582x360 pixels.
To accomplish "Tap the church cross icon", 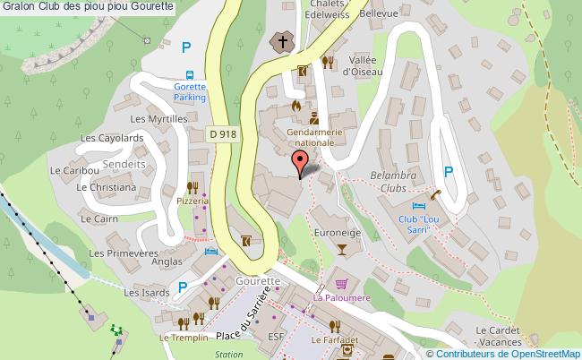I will click(x=282, y=41).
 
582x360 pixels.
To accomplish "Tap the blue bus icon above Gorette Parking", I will click(x=189, y=75).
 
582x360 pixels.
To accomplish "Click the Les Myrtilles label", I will click(x=158, y=119).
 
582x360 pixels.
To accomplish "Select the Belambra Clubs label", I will click(x=393, y=182).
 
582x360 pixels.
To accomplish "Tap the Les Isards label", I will click(x=145, y=292).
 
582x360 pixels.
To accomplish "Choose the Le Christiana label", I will click(x=107, y=188).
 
